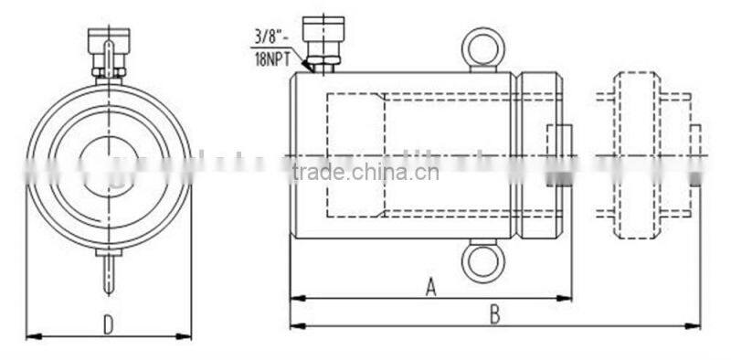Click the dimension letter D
(108, 324)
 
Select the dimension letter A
(431, 287)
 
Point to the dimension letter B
(494, 314)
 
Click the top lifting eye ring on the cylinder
(482, 48)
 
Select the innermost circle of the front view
(107, 165)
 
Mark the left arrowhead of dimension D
(30, 336)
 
